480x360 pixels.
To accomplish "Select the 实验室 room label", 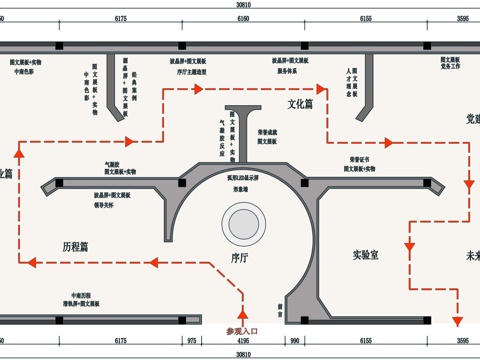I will pos(369,255).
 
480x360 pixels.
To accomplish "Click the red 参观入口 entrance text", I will pos(241,330).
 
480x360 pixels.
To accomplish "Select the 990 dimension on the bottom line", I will pos(295,341).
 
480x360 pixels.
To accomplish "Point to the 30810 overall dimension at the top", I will pos(240,6).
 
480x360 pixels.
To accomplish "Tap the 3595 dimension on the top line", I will pos(462,19).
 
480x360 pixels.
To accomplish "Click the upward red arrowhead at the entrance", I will pos(241,300).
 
